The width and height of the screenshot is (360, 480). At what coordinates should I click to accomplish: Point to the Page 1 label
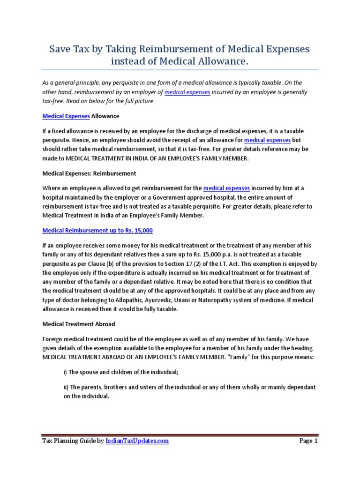[308, 441]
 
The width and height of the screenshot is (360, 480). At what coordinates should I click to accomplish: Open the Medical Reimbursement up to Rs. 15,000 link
[97, 231]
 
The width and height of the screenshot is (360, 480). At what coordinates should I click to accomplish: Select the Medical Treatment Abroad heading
[79, 324]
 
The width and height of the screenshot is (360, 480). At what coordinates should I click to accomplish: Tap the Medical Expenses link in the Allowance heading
[66, 115]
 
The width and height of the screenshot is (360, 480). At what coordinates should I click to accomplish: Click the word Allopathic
[146, 300]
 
